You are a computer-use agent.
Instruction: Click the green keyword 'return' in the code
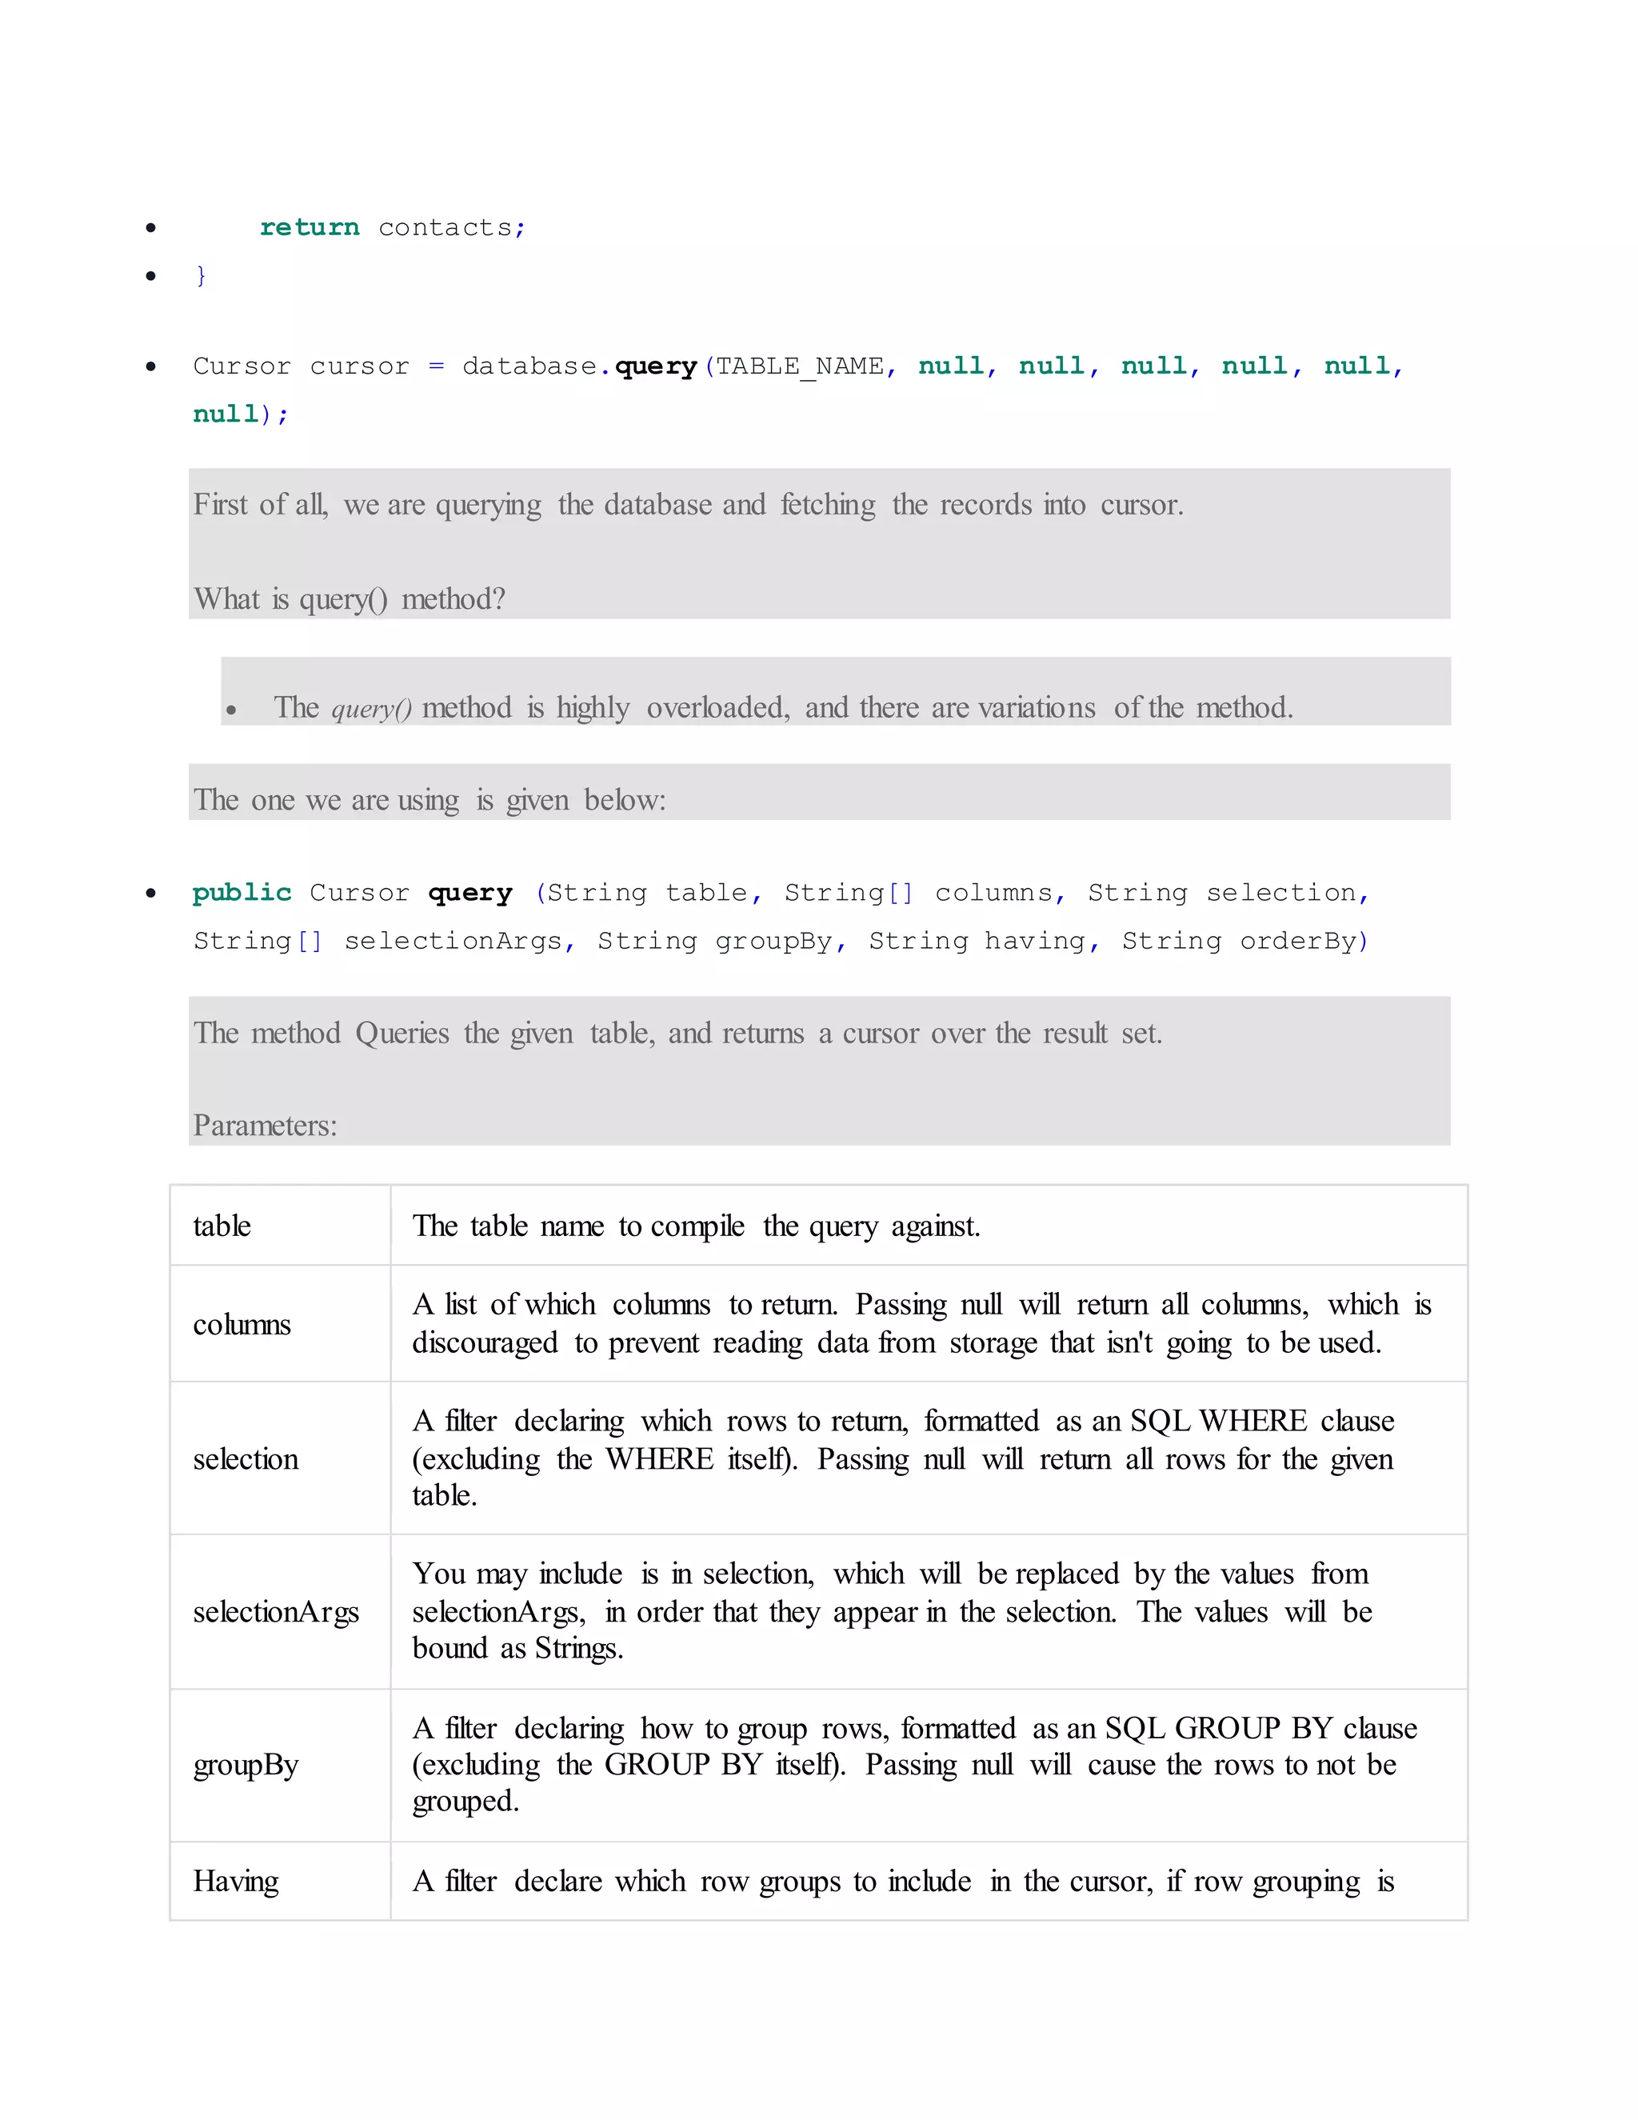tap(309, 227)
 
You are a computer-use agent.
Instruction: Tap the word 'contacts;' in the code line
tap(451, 227)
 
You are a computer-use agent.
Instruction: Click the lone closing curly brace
tap(201, 276)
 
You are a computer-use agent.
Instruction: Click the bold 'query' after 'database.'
tap(656, 366)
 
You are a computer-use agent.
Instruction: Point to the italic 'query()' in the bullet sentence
tap(370, 709)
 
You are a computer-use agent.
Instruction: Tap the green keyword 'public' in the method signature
tap(242, 893)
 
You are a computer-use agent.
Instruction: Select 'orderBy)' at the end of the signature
tap(1303, 941)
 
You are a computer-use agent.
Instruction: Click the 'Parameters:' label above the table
tap(265, 1125)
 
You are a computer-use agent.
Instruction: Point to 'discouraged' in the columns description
tap(484, 1343)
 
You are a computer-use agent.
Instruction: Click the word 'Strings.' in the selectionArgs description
tap(578, 1648)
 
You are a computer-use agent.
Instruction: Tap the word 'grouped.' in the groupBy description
tap(465, 1802)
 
